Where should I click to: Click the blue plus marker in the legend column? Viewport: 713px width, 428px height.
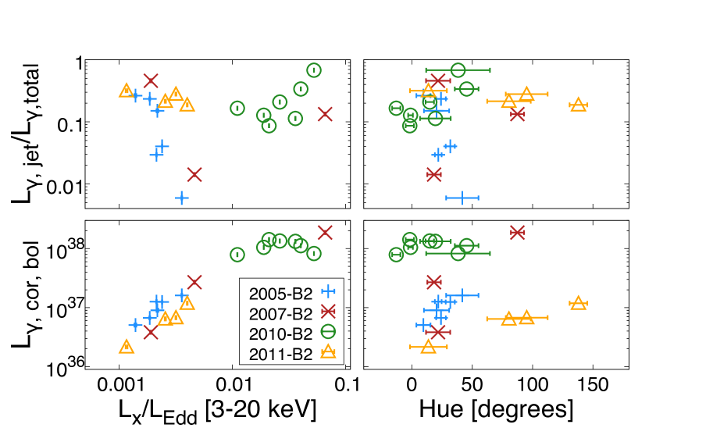[x=328, y=291]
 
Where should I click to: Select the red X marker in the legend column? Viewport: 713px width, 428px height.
[x=328, y=312]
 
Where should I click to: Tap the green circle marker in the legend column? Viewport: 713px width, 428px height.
[x=328, y=331]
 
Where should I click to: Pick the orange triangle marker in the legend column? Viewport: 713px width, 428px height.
[x=328, y=351]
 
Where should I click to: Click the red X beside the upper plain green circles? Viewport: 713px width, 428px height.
[x=325, y=114]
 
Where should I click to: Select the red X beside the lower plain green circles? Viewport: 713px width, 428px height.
[x=325, y=233]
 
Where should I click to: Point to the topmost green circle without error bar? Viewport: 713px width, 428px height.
[x=314, y=70]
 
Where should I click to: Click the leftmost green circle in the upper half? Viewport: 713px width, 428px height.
[x=237, y=109]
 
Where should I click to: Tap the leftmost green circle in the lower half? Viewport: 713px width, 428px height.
[x=237, y=255]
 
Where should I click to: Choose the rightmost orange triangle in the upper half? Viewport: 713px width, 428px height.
[x=578, y=105]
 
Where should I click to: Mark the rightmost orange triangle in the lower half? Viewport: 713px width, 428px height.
[x=578, y=303]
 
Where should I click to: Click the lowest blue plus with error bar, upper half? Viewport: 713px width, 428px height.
[x=462, y=198]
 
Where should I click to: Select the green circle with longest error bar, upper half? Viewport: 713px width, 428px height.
[x=458, y=70]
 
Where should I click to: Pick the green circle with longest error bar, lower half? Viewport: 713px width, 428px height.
[x=458, y=253]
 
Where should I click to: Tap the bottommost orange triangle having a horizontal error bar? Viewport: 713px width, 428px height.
[x=428, y=347]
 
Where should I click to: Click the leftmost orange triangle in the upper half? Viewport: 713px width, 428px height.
[x=127, y=91]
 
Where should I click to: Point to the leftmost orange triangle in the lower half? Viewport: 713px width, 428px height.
[x=127, y=347]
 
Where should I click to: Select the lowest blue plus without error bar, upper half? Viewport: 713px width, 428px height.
[x=182, y=198]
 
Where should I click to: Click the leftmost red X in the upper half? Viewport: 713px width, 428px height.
[x=151, y=80]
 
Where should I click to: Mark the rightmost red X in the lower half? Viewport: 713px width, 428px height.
[x=517, y=233]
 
